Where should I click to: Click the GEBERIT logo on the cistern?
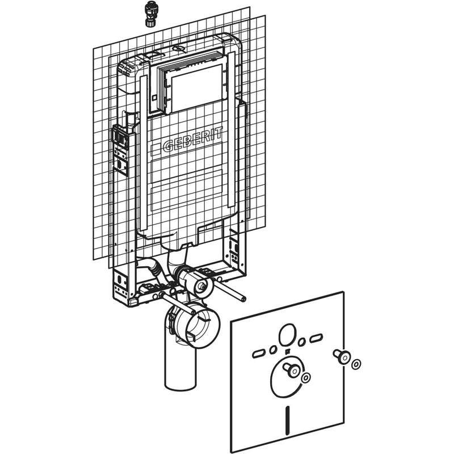[193, 139]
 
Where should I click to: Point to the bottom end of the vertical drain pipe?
[180, 386]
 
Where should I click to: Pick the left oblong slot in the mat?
[259, 354]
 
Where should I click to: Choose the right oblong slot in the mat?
[316, 338]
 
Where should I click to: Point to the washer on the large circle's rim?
[306, 377]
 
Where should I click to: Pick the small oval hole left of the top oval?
[272, 350]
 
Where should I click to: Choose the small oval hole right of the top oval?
[302, 342]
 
